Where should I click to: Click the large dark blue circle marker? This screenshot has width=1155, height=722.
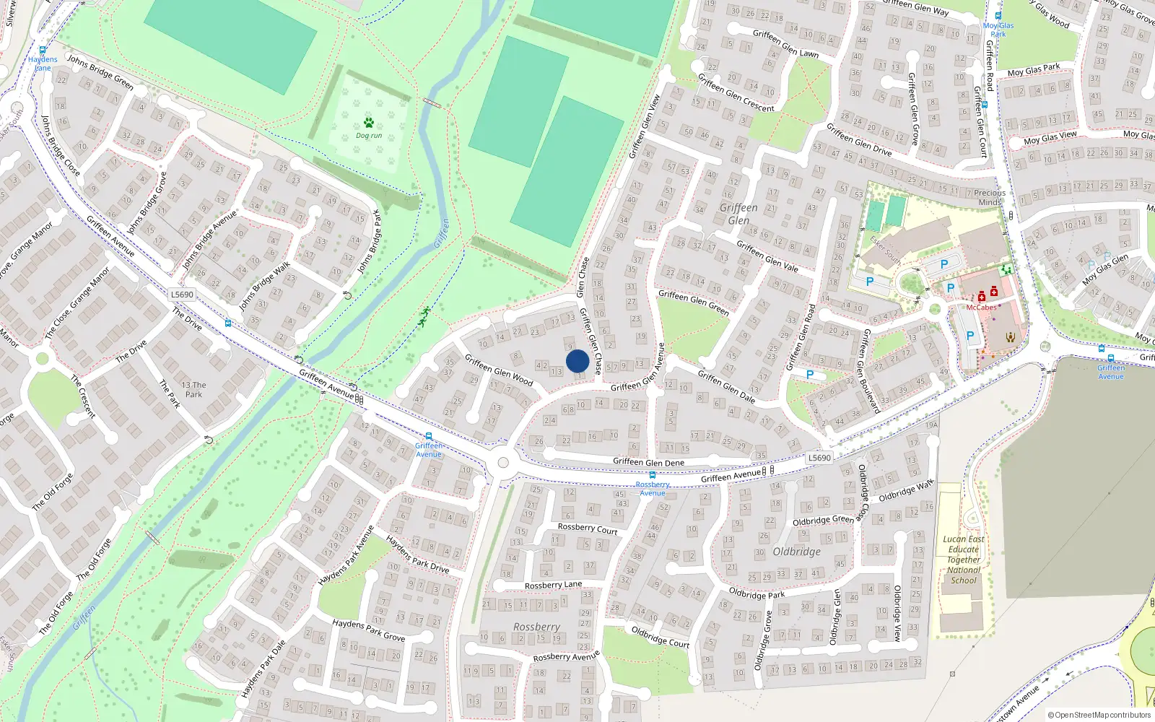[x=577, y=361]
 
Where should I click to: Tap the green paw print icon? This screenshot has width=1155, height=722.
[x=369, y=123]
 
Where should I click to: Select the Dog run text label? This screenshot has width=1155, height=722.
[x=369, y=136]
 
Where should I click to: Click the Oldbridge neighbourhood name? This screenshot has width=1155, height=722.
[x=797, y=552]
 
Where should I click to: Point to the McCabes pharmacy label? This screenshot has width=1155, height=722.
[x=981, y=308]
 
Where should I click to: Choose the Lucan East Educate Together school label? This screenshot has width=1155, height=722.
[x=964, y=560]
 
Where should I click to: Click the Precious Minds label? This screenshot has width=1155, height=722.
[x=989, y=197]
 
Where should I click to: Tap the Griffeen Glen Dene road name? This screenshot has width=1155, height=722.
[x=648, y=462]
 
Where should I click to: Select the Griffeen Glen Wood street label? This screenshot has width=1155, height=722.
[x=499, y=370]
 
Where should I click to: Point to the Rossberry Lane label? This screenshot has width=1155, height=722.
[x=553, y=585]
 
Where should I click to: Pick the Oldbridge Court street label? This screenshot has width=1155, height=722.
[x=661, y=637]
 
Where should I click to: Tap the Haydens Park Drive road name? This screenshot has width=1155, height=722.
[x=417, y=554]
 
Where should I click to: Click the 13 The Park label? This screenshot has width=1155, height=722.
[x=193, y=390]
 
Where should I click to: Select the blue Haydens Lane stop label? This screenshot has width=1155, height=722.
[x=43, y=64]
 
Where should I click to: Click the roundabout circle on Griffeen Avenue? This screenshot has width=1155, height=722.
[x=503, y=463]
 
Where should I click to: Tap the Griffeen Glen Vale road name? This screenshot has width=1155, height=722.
[x=767, y=256]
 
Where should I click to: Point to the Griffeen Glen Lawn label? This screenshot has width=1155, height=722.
[x=785, y=43]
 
